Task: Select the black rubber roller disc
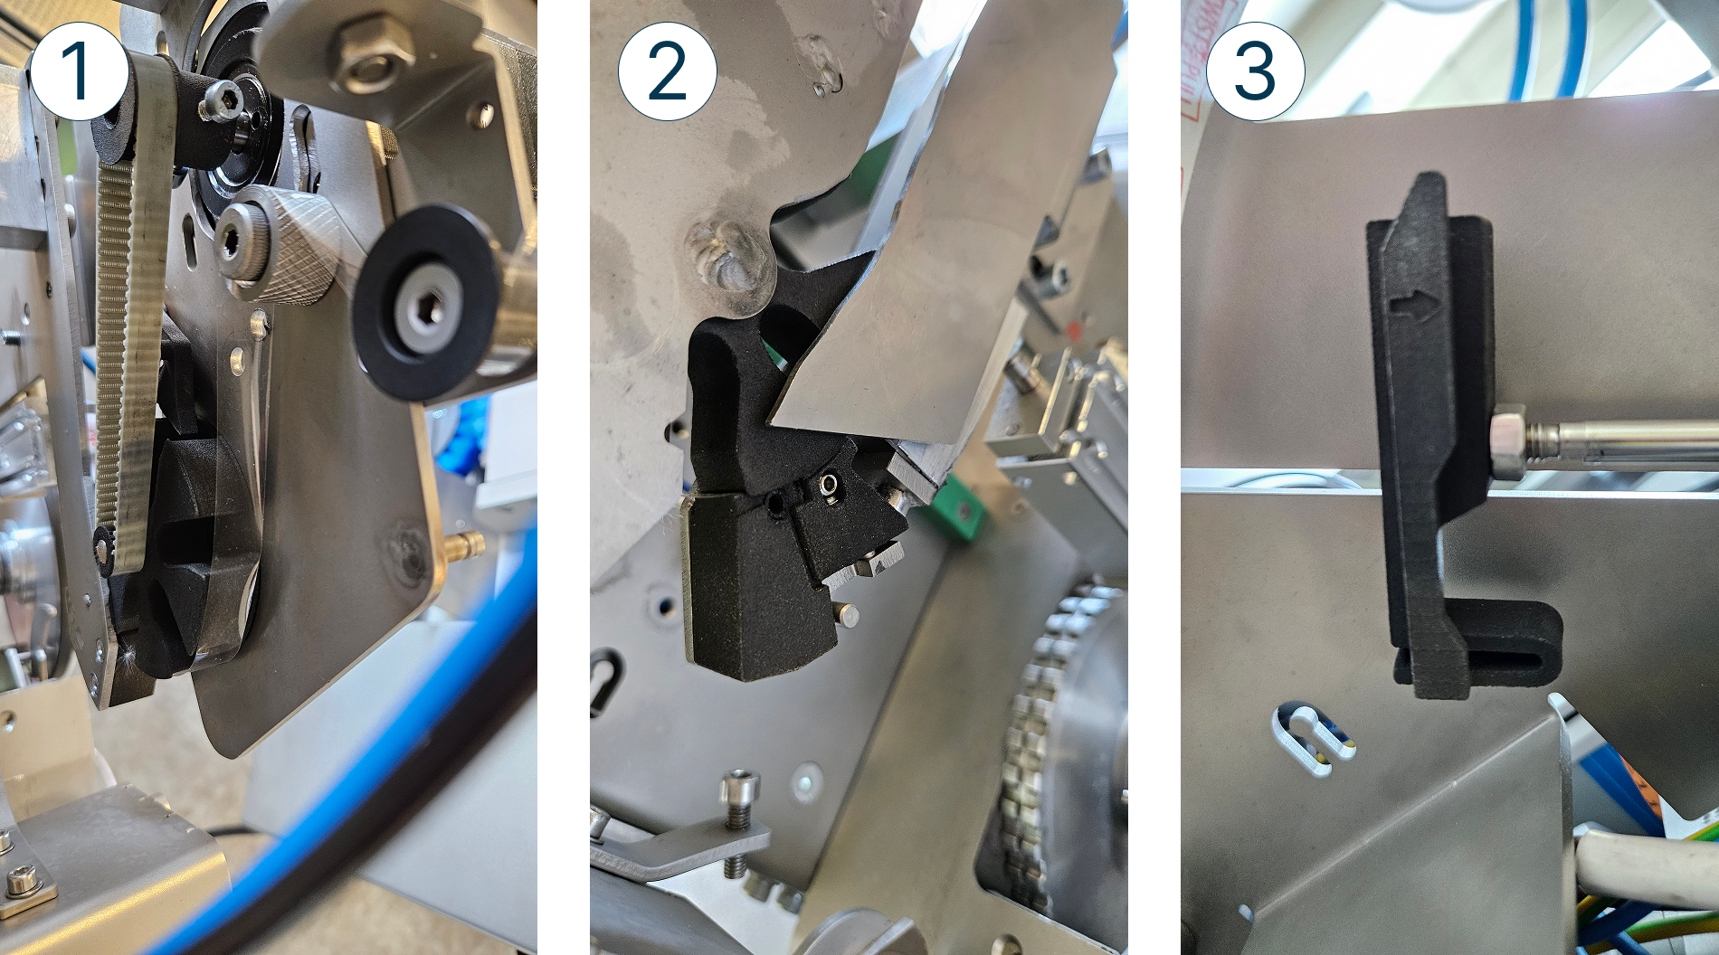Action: click(x=424, y=313)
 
